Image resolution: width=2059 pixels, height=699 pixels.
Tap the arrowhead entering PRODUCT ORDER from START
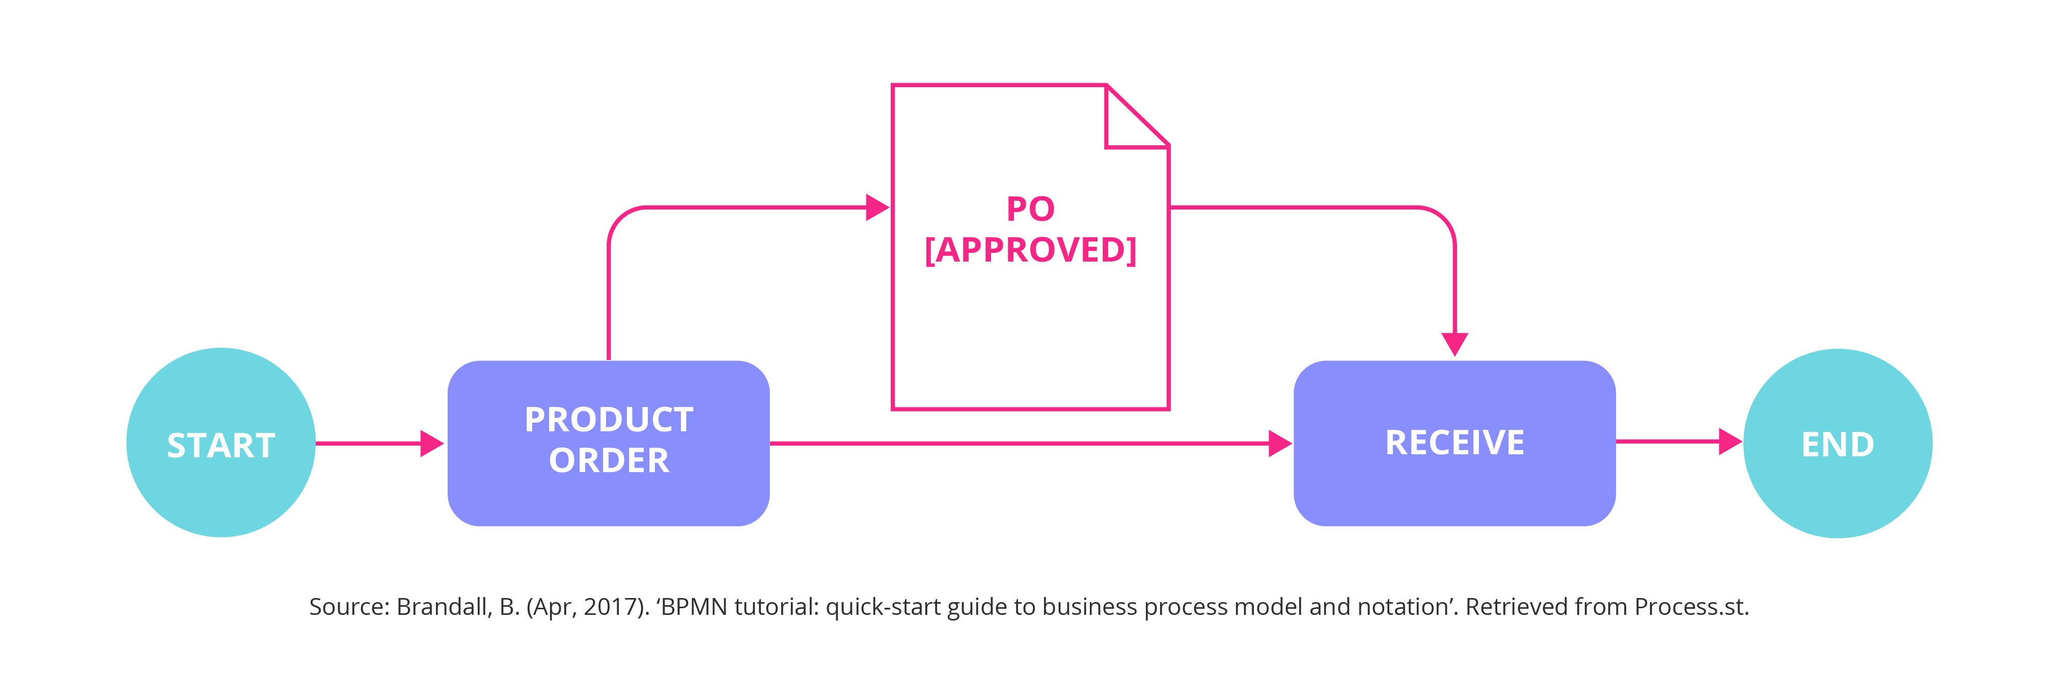pos(432,443)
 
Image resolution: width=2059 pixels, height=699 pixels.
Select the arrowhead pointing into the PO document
pos(877,207)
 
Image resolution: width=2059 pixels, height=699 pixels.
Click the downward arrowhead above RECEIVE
pos(1454,344)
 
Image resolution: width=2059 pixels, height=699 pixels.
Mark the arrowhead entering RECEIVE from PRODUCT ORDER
pos(1280,443)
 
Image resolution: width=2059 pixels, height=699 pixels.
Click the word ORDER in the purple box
pos(609,461)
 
